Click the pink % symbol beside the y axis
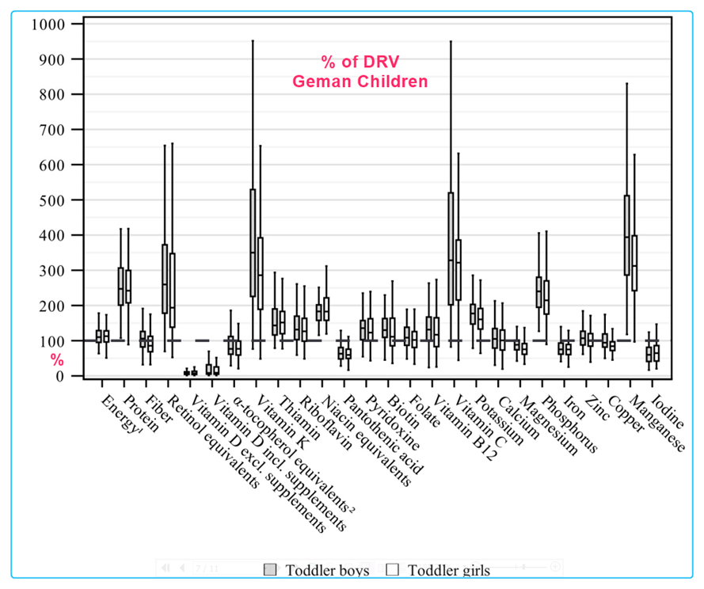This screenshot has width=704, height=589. pos(57,360)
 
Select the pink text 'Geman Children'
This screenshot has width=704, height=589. pos(360,82)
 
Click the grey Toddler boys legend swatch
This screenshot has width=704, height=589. pos(271,569)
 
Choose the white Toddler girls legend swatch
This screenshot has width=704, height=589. pos(391,569)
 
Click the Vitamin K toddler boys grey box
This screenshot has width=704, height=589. pos(253,242)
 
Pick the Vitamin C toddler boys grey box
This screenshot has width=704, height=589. pos(451,248)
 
